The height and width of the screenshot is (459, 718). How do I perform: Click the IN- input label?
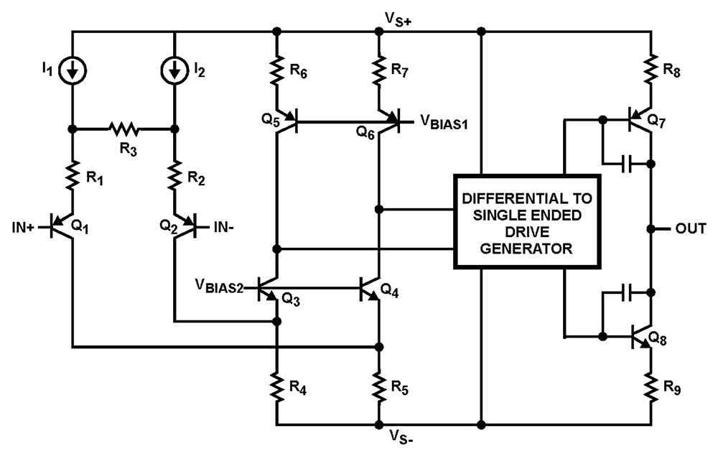[223, 228]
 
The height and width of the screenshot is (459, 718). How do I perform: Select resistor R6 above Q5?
[276, 71]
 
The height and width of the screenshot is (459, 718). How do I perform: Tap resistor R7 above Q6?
[378, 71]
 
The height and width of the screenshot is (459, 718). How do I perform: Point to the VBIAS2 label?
[218, 287]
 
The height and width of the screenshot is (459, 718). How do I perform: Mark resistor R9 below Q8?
[651, 389]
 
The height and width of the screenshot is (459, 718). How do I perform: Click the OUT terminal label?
[691, 228]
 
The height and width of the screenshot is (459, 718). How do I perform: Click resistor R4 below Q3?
[276, 389]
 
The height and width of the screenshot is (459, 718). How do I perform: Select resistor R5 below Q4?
[378, 389]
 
